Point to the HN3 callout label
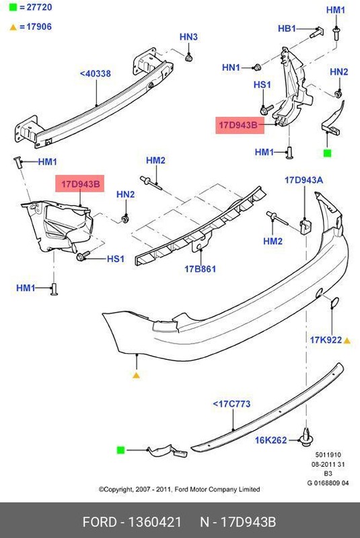[x=188, y=37]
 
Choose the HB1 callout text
[x=287, y=28]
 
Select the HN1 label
[x=231, y=67]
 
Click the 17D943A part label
[x=303, y=180]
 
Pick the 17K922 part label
[x=326, y=340]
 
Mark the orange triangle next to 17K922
[x=347, y=340]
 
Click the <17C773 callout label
[x=231, y=404]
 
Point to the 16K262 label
[x=271, y=440]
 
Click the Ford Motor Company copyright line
[x=179, y=490]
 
